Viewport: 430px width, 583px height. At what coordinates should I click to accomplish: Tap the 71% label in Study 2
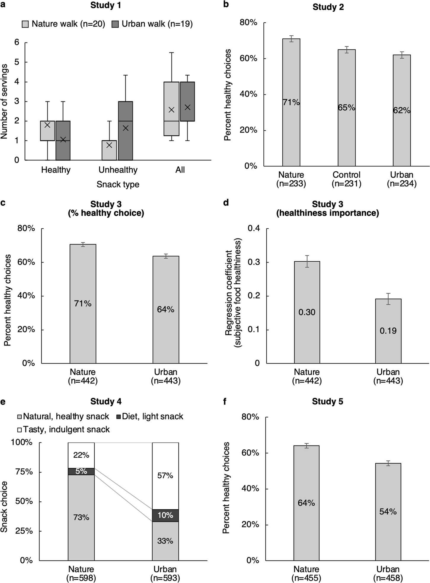point(291,102)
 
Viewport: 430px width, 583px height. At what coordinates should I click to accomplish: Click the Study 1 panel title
point(106,5)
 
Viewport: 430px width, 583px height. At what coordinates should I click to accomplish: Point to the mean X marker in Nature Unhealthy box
point(109,145)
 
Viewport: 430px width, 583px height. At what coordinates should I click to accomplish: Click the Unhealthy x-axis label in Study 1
point(118,170)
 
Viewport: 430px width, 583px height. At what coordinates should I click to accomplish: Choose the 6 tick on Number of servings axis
point(17,42)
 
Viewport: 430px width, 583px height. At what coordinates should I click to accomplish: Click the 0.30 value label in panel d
point(307,312)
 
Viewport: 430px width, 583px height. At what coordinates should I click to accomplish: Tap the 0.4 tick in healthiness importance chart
point(254,228)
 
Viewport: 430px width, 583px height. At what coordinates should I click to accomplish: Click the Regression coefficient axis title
point(233,293)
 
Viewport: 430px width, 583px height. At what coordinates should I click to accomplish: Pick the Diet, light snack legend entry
point(149,416)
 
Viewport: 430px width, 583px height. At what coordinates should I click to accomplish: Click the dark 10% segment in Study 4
point(165,515)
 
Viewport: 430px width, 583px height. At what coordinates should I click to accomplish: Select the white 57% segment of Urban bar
point(165,475)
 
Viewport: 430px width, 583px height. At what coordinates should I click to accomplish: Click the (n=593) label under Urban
point(165,578)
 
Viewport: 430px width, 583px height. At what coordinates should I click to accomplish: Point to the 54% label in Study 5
point(388,511)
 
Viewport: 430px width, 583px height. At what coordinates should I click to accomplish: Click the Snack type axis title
point(118,184)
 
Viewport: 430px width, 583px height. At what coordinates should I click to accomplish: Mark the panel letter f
point(225,402)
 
